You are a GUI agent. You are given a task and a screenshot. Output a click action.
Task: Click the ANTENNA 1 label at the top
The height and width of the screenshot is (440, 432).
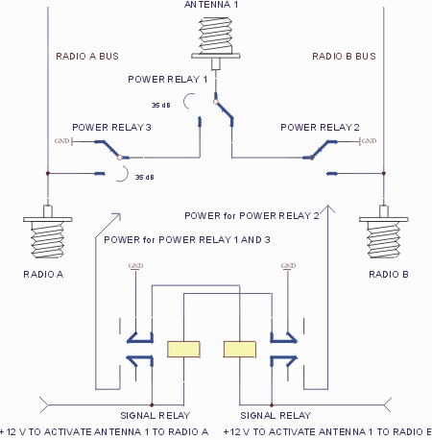click(216, 5)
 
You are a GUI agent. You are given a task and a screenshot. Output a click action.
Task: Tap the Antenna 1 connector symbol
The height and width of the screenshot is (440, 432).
click(216, 38)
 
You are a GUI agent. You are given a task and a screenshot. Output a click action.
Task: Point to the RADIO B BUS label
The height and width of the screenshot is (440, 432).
click(344, 56)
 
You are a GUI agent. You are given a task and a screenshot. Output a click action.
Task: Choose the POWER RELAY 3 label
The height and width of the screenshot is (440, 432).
click(112, 127)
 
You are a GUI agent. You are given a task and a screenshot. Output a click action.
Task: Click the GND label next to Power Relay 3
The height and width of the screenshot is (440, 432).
click(62, 141)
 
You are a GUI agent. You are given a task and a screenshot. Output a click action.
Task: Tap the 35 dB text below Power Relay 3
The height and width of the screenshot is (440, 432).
click(144, 177)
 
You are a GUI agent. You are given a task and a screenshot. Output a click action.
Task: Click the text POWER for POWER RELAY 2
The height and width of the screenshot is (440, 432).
click(252, 215)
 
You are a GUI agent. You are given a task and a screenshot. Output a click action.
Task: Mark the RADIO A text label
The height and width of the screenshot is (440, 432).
click(41, 275)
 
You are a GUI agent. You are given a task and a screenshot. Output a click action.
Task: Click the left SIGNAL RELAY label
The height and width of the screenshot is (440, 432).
click(152, 415)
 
